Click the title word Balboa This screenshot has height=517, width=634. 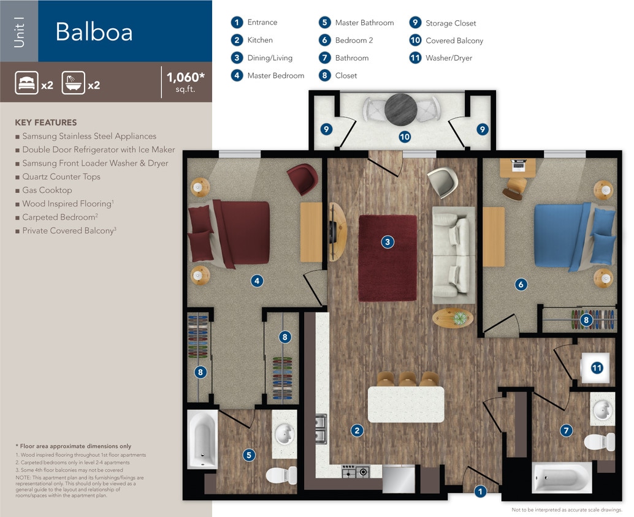pyautogui.click(x=94, y=32)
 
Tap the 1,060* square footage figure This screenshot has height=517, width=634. pyautogui.click(x=186, y=78)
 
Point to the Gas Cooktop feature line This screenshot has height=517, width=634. pyautogui.click(x=47, y=190)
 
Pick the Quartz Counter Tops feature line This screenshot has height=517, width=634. pyautogui.click(x=61, y=176)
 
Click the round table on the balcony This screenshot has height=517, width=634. pyautogui.click(x=400, y=110)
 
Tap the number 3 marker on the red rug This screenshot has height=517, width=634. pyautogui.click(x=388, y=242)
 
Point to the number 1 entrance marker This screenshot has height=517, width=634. pyautogui.click(x=481, y=491)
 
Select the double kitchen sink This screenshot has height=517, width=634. pyautogui.click(x=321, y=429)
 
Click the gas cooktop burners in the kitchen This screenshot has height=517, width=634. pyautogui.click(x=355, y=472)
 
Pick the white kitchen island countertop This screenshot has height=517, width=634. pyautogui.click(x=406, y=404)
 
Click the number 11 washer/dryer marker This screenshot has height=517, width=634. pyautogui.click(x=597, y=368)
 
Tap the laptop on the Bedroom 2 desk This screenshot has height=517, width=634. pyautogui.click(x=518, y=164)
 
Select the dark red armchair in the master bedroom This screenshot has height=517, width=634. pyautogui.click(x=302, y=179)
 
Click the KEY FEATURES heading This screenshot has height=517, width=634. pyautogui.click(x=46, y=123)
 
